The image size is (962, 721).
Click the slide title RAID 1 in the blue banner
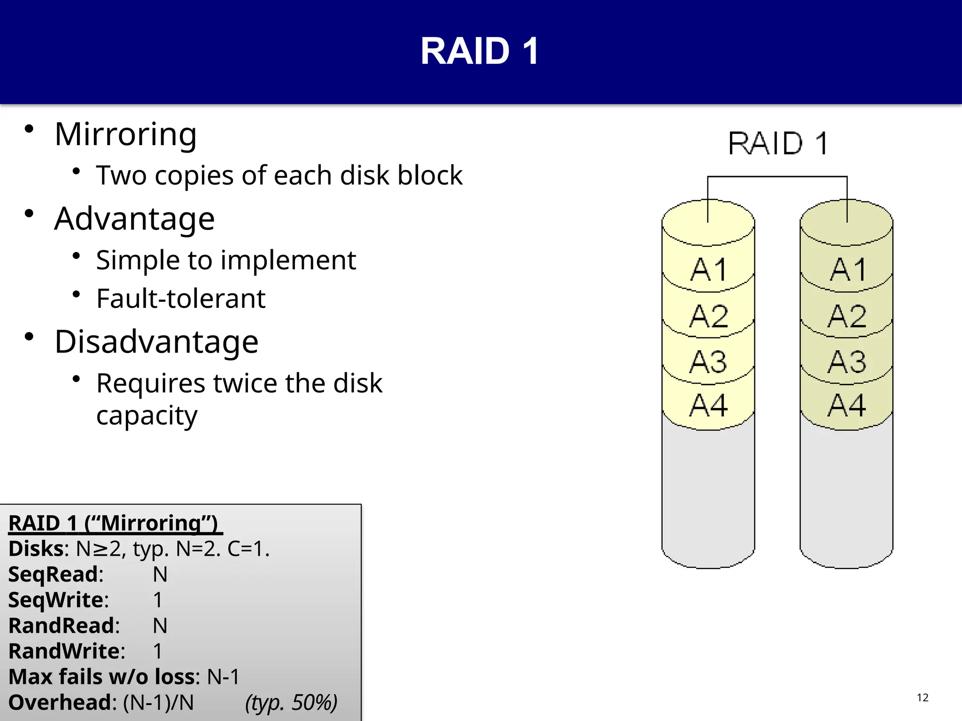[480, 51]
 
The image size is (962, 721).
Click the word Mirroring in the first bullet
[125, 134]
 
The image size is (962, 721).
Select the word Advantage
[134, 219]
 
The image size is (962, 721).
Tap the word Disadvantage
[156, 342]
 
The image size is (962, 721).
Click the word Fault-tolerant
[181, 299]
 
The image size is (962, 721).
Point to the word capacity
[147, 416]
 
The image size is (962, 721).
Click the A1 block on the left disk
[708, 270]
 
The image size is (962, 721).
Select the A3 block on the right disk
[846, 362]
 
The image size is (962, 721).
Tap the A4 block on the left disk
[708, 406]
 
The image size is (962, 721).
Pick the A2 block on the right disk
[846, 316]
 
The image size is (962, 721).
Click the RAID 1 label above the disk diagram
[778, 144]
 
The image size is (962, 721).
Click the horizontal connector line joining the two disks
[777, 177]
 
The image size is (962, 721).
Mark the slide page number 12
[923, 698]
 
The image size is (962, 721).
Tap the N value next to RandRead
[160, 626]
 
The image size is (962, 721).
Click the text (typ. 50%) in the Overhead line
[291, 703]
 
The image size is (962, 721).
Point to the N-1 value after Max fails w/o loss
[223, 677]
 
